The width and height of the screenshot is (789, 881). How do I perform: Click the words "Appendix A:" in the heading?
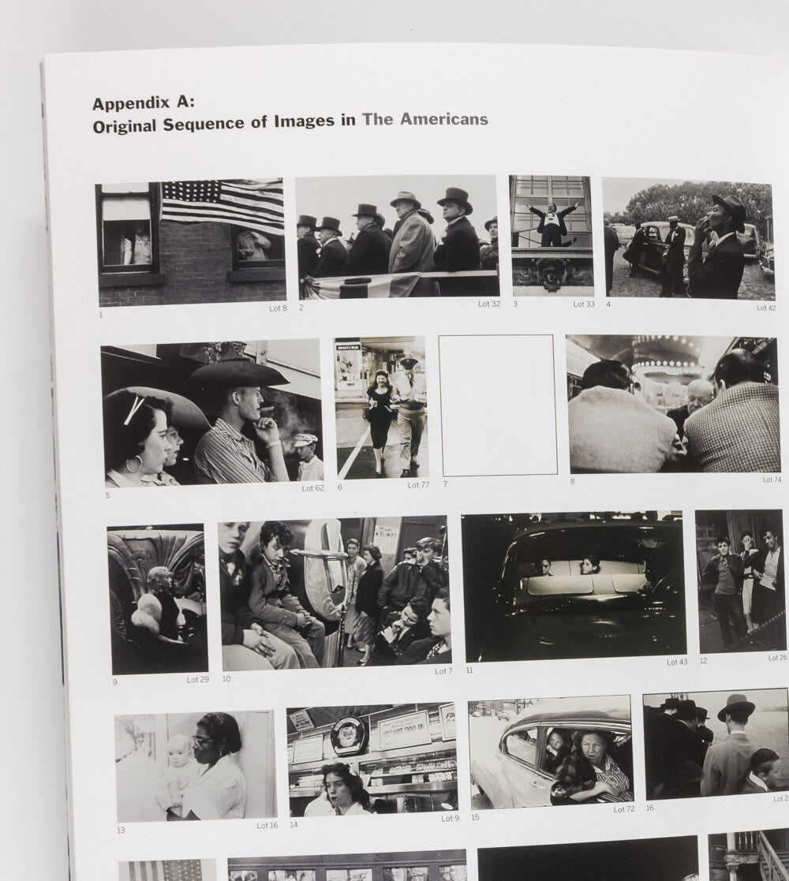143,103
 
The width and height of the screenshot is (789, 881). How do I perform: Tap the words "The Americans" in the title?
425,120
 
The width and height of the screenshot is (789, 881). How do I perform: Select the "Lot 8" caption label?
278,308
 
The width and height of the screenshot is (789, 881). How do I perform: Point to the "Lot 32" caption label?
489,304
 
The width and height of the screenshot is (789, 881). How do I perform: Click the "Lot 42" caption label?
766,308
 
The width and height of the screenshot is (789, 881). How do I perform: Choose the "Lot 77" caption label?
418,485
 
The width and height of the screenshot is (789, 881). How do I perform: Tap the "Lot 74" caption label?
772,480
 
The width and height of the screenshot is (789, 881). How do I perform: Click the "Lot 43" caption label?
677,663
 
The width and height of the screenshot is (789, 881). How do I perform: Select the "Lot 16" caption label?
267,825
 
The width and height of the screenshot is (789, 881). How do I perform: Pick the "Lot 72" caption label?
624,809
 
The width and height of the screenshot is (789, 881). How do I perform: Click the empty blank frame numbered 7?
498,405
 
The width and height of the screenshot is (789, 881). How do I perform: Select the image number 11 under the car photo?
469,670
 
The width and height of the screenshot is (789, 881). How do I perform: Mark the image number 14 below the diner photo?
294,824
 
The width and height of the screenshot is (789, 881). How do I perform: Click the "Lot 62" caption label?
312,488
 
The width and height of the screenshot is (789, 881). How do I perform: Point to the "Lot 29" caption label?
198,679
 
